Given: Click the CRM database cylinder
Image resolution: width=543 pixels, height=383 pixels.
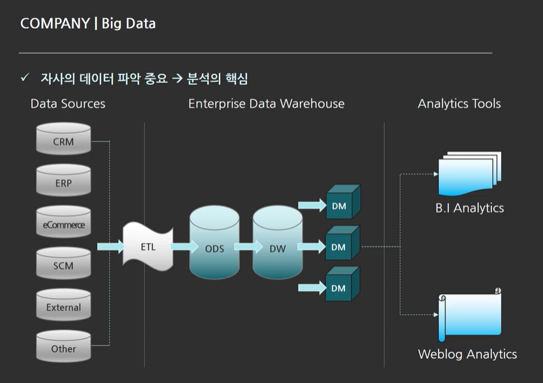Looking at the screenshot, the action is pyautogui.click(x=63, y=139).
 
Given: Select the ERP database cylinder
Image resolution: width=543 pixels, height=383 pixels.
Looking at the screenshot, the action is pyautogui.click(x=63, y=181).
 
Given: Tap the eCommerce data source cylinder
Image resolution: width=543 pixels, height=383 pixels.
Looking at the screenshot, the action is pyautogui.click(x=63, y=223).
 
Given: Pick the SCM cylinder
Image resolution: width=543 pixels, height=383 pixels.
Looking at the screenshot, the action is pyautogui.click(x=63, y=264).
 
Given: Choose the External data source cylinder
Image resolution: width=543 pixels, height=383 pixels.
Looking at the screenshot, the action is pyautogui.click(x=63, y=306).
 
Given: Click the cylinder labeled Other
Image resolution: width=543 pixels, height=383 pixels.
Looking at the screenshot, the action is pyautogui.click(x=63, y=347).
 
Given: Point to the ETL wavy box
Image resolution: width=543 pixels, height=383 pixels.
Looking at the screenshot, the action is pyautogui.click(x=148, y=246).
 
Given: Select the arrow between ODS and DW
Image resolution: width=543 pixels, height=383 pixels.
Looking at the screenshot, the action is pyautogui.click(x=245, y=247).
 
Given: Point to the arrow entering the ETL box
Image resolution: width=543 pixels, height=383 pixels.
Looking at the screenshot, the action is pyautogui.click(x=110, y=246).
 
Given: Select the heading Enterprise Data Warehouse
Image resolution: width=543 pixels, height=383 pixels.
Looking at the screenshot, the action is pyautogui.click(x=266, y=104).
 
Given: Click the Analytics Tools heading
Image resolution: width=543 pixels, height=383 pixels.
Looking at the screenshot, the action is pyautogui.click(x=459, y=104).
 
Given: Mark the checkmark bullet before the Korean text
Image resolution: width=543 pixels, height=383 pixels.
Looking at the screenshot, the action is pyautogui.click(x=25, y=78).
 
